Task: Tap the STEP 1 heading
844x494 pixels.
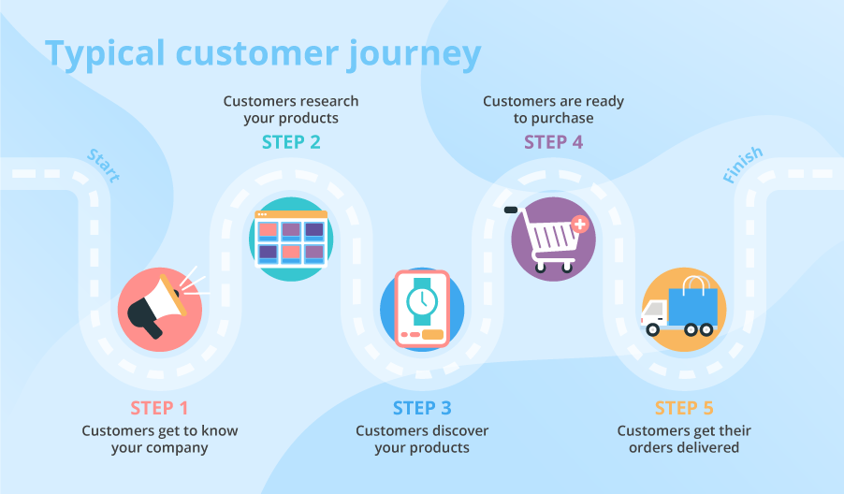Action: (159, 408)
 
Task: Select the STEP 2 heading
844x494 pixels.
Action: (291, 142)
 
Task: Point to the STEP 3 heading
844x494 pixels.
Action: (422, 408)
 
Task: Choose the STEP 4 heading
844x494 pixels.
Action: (553, 142)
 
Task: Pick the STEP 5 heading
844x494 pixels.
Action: (683, 408)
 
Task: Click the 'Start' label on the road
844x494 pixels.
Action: (103, 166)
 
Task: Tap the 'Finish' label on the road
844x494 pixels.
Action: (743, 166)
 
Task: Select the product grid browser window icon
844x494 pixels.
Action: (291, 239)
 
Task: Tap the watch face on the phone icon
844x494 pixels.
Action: (422, 300)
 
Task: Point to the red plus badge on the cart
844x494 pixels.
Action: (580, 225)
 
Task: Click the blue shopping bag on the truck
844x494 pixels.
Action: (693, 299)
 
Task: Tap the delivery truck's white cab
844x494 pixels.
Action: (656, 316)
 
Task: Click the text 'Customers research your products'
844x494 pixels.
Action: (291, 109)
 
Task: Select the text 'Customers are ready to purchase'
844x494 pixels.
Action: (553, 109)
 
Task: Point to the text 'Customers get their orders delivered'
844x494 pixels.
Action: (683, 439)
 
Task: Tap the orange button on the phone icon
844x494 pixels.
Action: (431, 334)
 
